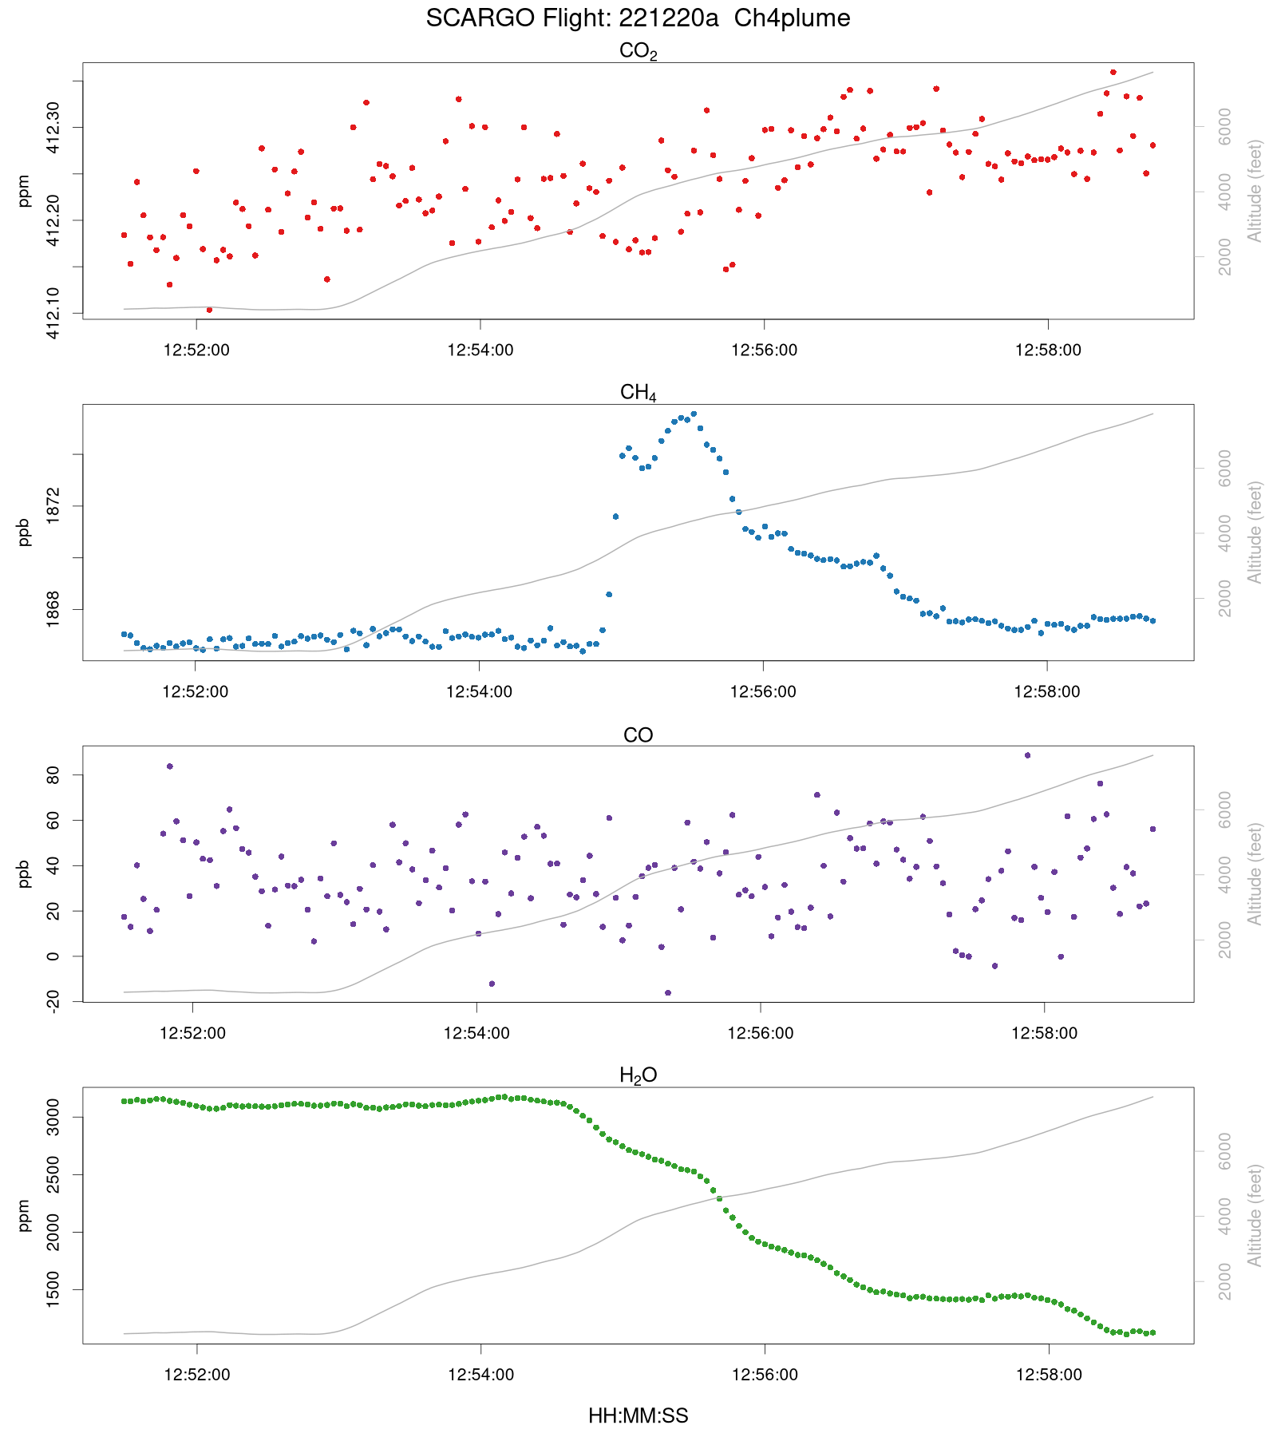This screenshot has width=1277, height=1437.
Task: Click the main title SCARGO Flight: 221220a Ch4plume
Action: (638, 18)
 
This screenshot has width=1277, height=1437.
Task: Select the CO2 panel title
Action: (638, 52)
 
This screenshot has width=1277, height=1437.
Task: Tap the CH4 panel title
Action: (638, 393)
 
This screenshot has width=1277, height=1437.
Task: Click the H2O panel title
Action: (638, 1075)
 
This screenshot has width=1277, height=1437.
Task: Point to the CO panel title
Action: (638, 735)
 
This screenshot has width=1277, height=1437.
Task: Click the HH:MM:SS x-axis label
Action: (638, 1416)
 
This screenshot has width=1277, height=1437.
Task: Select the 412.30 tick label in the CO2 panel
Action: (52, 128)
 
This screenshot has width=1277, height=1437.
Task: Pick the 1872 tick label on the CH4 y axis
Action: (52, 506)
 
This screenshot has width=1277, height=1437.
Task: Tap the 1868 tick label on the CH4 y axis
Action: (52, 609)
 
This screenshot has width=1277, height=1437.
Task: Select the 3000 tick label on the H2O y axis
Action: (52, 1117)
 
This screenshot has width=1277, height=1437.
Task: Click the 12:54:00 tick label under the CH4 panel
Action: (480, 692)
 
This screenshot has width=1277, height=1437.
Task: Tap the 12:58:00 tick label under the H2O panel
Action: (1049, 1375)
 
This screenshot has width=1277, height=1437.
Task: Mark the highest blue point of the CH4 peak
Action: (694, 414)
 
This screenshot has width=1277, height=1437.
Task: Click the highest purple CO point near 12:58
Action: (1027, 755)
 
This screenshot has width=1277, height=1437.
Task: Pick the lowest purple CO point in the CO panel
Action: (668, 993)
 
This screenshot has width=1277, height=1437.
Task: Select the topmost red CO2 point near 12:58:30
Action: (1113, 72)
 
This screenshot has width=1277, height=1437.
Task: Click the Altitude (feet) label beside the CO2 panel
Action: (1255, 191)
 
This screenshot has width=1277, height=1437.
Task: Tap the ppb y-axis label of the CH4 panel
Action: (24, 532)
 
